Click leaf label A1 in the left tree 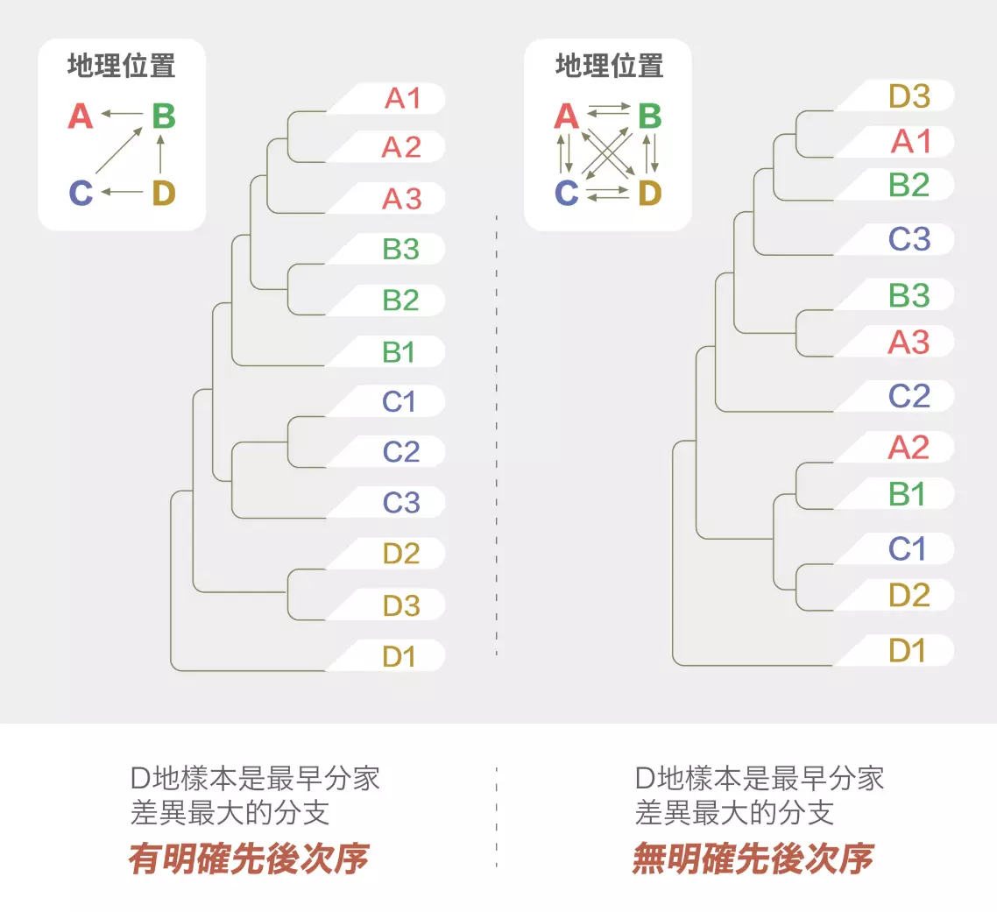click(402, 98)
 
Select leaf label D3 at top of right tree click(909, 95)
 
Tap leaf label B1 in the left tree click(400, 351)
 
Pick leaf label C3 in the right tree click(909, 238)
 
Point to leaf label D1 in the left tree click(400, 655)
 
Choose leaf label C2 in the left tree click(400, 452)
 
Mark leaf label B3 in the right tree click(909, 295)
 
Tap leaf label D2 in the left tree click(400, 554)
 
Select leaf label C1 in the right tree click(907, 549)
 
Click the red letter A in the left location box click(80, 116)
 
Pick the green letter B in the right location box click(649, 116)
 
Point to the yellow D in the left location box click(163, 193)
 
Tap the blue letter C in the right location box click(567, 193)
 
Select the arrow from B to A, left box click(121, 114)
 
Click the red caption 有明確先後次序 click(248, 859)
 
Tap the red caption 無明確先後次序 click(753, 859)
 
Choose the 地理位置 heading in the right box click(609, 66)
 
